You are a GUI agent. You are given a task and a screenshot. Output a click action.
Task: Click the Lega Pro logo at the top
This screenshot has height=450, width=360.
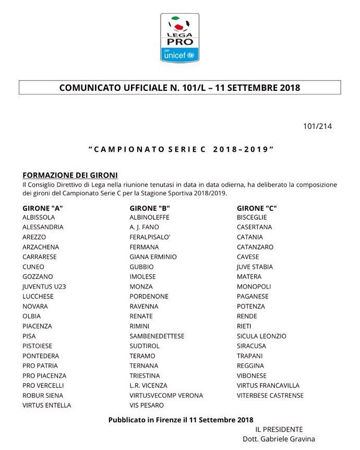(x=179, y=38)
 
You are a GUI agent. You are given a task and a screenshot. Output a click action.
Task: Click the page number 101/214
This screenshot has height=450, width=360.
(x=317, y=126)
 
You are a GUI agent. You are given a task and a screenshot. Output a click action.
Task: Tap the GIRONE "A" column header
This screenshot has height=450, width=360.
(x=43, y=208)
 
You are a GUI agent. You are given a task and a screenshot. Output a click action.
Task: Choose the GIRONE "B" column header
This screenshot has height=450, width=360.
(x=150, y=208)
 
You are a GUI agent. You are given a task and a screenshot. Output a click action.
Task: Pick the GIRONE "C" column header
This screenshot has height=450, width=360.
(x=257, y=208)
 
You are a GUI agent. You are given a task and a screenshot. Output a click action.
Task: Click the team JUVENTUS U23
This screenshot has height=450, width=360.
(x=44, y=287)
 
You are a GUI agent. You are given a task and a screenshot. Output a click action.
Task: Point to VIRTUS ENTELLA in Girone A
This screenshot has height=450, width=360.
(x=47, y=405)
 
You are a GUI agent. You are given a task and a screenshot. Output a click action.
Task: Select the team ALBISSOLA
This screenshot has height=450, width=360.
(x=40, y=218)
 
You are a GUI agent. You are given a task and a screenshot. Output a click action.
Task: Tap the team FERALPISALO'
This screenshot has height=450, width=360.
(x=150, y=237)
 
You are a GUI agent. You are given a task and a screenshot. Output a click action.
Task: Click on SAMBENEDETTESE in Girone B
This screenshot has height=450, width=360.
(x=157, y=336)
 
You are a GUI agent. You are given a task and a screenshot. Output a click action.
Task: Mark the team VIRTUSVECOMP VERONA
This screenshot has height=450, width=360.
(x=166, y=395)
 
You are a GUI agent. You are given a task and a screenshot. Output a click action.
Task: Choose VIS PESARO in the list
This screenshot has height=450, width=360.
(x=147, y=405)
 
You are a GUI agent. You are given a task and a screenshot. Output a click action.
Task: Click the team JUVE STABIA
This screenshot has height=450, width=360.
(x=255, y=267)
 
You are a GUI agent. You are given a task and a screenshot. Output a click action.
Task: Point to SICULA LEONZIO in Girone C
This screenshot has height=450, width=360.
(x=261, y=336)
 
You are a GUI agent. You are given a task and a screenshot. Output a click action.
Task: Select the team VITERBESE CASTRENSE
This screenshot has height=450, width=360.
(x=270, y=395)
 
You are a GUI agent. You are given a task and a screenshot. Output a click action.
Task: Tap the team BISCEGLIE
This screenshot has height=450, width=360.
(x=251, y=218)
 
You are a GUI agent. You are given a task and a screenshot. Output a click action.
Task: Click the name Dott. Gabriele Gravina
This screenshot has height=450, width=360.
(x=279, y=439)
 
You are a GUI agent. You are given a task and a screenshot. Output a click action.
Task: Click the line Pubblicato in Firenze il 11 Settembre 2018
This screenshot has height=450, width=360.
(x=181, y=420)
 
